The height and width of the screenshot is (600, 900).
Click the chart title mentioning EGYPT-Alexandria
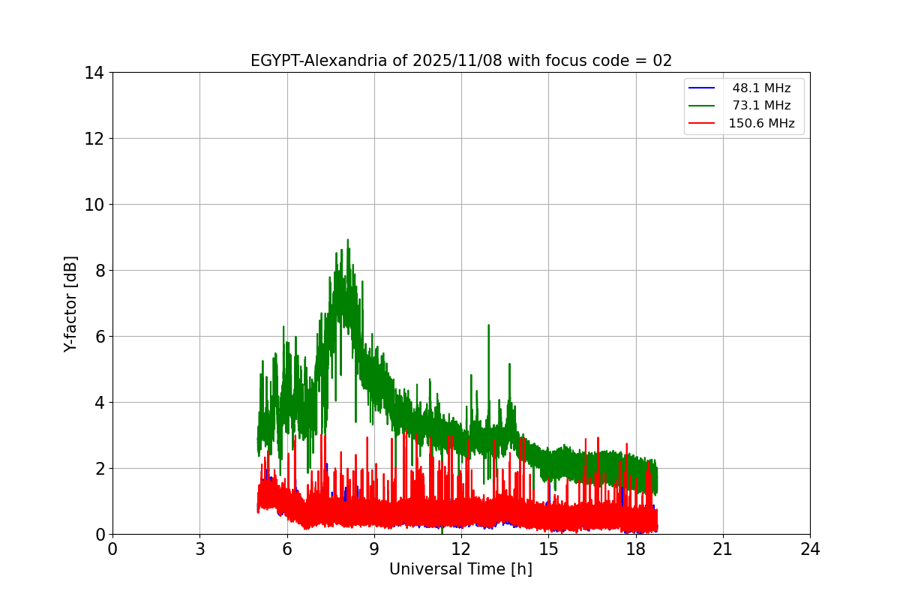tap(460, 61)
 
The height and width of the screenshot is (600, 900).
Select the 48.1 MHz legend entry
tap(761, 88)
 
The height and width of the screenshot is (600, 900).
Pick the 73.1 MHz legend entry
tap(761, 106)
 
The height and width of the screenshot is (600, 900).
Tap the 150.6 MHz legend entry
tap(761, 124)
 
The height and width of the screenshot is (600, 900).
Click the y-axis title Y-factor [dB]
tap(70, 304)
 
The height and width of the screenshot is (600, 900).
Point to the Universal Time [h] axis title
tap(460, 569)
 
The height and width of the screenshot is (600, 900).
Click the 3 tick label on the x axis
tap(199, 549)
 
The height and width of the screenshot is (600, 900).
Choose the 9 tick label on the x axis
tap(374, 549)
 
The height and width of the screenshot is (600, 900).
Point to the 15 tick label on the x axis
tap(548, 549)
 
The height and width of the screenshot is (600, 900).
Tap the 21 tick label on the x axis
tap(723, 549)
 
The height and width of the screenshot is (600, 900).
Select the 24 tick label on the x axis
tap(810, 549)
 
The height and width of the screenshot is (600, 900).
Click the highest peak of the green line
tap(347, 241)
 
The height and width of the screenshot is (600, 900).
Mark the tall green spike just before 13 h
tap(488, 326)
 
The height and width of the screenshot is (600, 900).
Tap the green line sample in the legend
tap(701, 106)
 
